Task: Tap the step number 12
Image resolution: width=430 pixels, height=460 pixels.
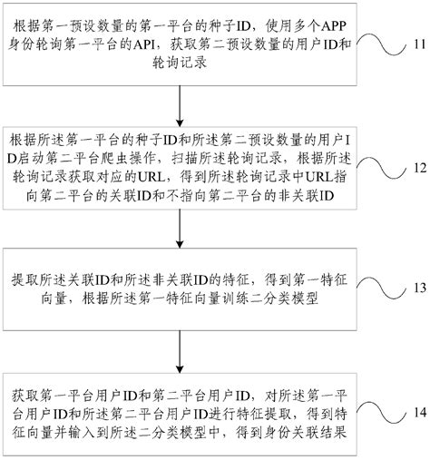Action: (x=413, y=168)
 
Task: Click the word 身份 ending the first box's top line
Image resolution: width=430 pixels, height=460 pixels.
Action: (x=26, y=44)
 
